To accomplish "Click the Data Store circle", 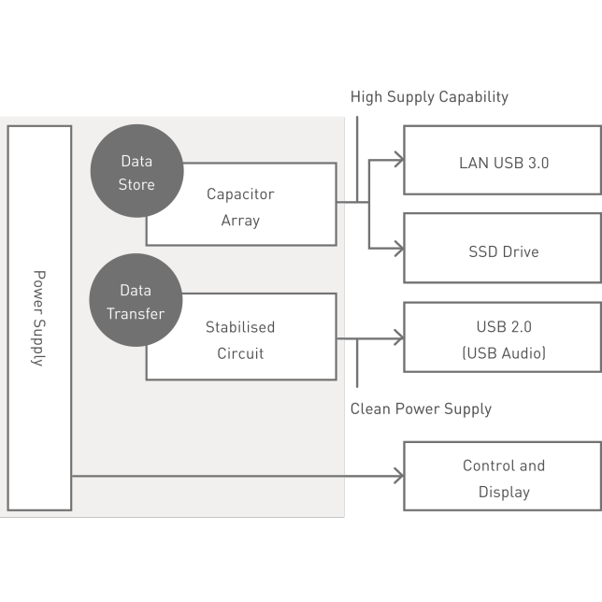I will (x=136, y=172).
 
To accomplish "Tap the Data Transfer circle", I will (x=136, y=301).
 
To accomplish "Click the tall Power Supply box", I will (x=39, y=318).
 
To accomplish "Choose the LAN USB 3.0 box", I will (x=503, y=162).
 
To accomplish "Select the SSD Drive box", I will (x=503, y=251).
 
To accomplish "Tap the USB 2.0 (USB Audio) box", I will (x=503, y=339).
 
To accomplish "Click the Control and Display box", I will (x=503, y=477).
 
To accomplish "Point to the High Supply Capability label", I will (x=429, y=96).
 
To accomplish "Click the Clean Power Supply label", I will (x=421, y=408).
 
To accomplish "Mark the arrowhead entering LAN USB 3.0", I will (x=399, y=161).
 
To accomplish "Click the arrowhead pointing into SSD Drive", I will (x=399, y=249).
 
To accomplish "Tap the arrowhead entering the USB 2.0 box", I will (x=399, y=339).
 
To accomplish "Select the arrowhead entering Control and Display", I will (x=399, y=477).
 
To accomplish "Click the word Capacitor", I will (x=240, y=194).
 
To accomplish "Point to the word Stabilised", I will (x=240, y=327).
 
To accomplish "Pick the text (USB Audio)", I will (x=504, y=353).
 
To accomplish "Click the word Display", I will (x=504, y=492).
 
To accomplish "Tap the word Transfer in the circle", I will (x=136, y=314).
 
